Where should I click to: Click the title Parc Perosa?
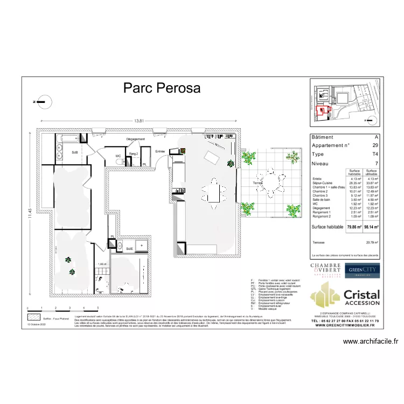[x=162, y=88]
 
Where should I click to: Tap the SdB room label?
[x=74, y=152]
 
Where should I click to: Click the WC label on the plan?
[x=118, y=156]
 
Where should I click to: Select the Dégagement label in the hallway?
[x=136, y=140]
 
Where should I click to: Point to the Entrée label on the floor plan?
[x=160, y=152]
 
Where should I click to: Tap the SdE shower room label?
[x=130, y=248]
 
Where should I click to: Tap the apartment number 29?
[x=375, y=145]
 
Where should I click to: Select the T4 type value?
[x=375, y=154]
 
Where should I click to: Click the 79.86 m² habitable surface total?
[x=353, y=227]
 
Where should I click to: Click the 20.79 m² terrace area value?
[x=371, y=243]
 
